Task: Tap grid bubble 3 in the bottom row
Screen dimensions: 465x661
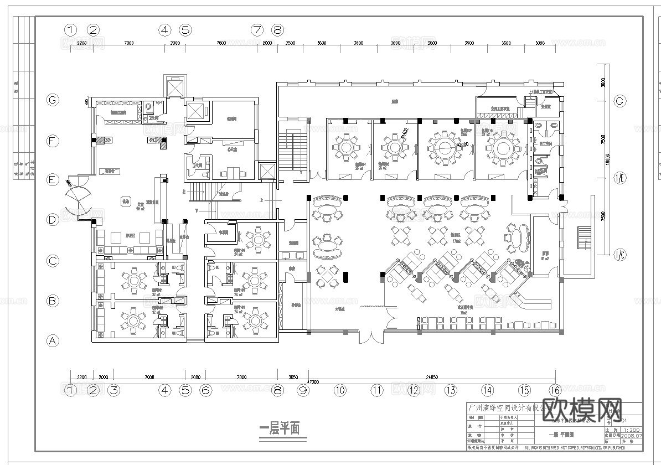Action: pyautogui.click(x=113, y=390)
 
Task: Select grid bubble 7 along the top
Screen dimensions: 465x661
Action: pyautogui.click(x=256, y=29)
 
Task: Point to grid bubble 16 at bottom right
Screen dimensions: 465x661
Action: pyautogui.click(x=555, y=390)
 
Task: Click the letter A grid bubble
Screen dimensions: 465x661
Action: pyautogui.click(x=53, y=341)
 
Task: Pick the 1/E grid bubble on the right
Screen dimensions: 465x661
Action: pyautogui.click(x=620, y=180)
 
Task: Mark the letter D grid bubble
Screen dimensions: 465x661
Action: pyautogui.click(x=53, y=220)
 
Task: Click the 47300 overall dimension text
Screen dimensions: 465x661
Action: pyautogui.click(x=313, y=382)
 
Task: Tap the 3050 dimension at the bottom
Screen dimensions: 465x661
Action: pyautogui.click(x=294, y=376)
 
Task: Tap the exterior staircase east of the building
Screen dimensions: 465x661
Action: pyautogui.click(x=584, y=238)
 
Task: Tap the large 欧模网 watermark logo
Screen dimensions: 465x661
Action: pyautogui.click(x=581, y=411)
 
